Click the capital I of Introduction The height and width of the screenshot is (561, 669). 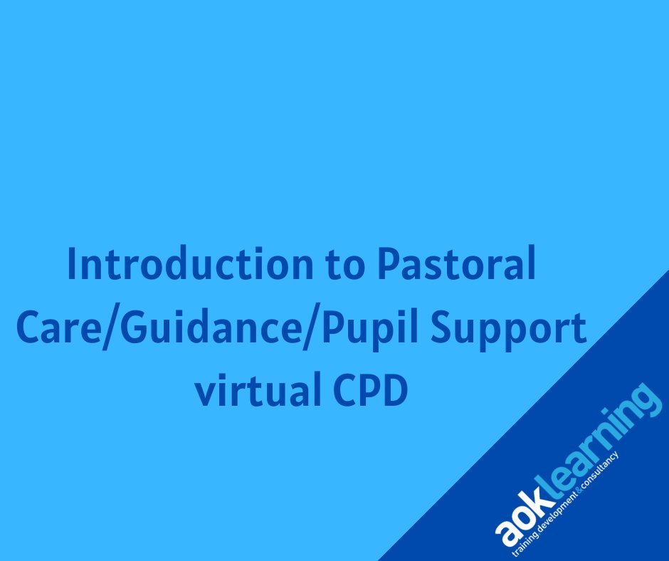[72, 265]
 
